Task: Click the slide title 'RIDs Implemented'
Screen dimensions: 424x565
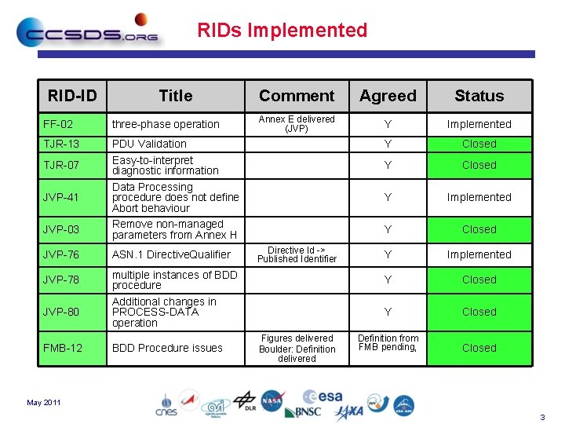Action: click(282, 31)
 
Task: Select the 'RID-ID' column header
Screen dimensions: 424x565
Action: click(72, 96)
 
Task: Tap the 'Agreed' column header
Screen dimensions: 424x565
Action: click(388, 96)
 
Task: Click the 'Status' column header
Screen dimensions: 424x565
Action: click(479, 96)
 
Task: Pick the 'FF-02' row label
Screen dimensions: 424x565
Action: click(59, 124)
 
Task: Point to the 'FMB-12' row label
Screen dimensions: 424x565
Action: click(63, 348)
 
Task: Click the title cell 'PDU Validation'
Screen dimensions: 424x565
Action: click(149, 144)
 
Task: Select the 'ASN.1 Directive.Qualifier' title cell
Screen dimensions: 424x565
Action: click(171, 254)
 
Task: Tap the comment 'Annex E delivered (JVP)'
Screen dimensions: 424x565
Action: click(297, 124)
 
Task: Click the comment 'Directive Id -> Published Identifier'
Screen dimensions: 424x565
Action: click(297, 254)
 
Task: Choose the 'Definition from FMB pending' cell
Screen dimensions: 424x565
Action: click(388, 342)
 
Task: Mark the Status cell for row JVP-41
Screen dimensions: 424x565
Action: click(479, 198)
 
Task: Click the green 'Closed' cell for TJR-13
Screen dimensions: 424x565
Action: click(479, 144)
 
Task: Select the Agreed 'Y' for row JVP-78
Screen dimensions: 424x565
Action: click(388, 280)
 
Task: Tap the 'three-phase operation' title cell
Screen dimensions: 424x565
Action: click(166, 124)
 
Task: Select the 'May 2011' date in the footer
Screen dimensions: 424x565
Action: click(44, 403)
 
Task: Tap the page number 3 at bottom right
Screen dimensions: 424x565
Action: click(542, 416)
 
